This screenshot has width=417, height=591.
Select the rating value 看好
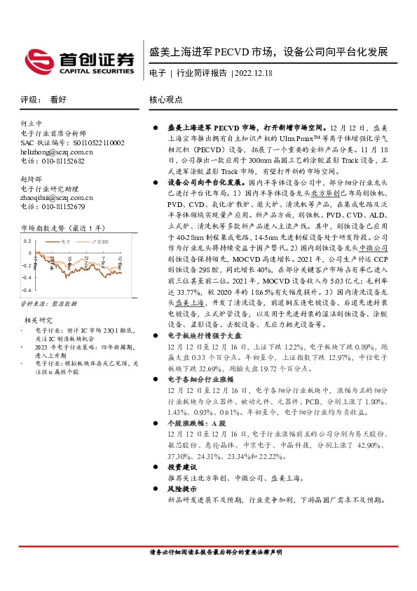point(58,100)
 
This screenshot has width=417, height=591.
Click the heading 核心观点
point(166,100)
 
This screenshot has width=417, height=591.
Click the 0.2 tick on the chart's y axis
point(28,242)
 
